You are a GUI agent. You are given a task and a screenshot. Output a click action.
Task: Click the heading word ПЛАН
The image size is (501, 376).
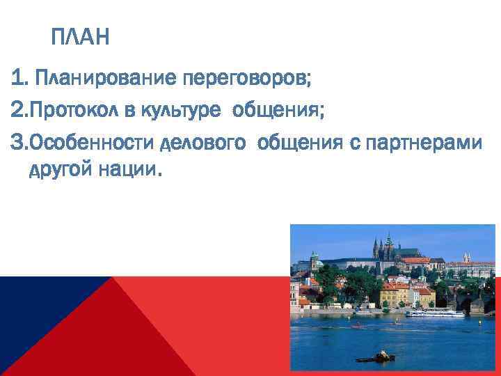pyautogui.click(x=80, y=37)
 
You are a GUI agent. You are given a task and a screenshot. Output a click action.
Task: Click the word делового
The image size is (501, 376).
pyautogui.click(x=202, y=142)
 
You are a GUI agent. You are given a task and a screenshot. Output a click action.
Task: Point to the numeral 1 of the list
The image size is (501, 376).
pyautogui.click(x=17, y=78)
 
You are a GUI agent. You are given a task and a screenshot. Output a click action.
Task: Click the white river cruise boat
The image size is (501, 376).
pyautogui.click(x=435, y=313)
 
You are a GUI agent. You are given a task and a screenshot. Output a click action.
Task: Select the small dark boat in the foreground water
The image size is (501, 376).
pyautogui.click(x=380, y=357)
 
